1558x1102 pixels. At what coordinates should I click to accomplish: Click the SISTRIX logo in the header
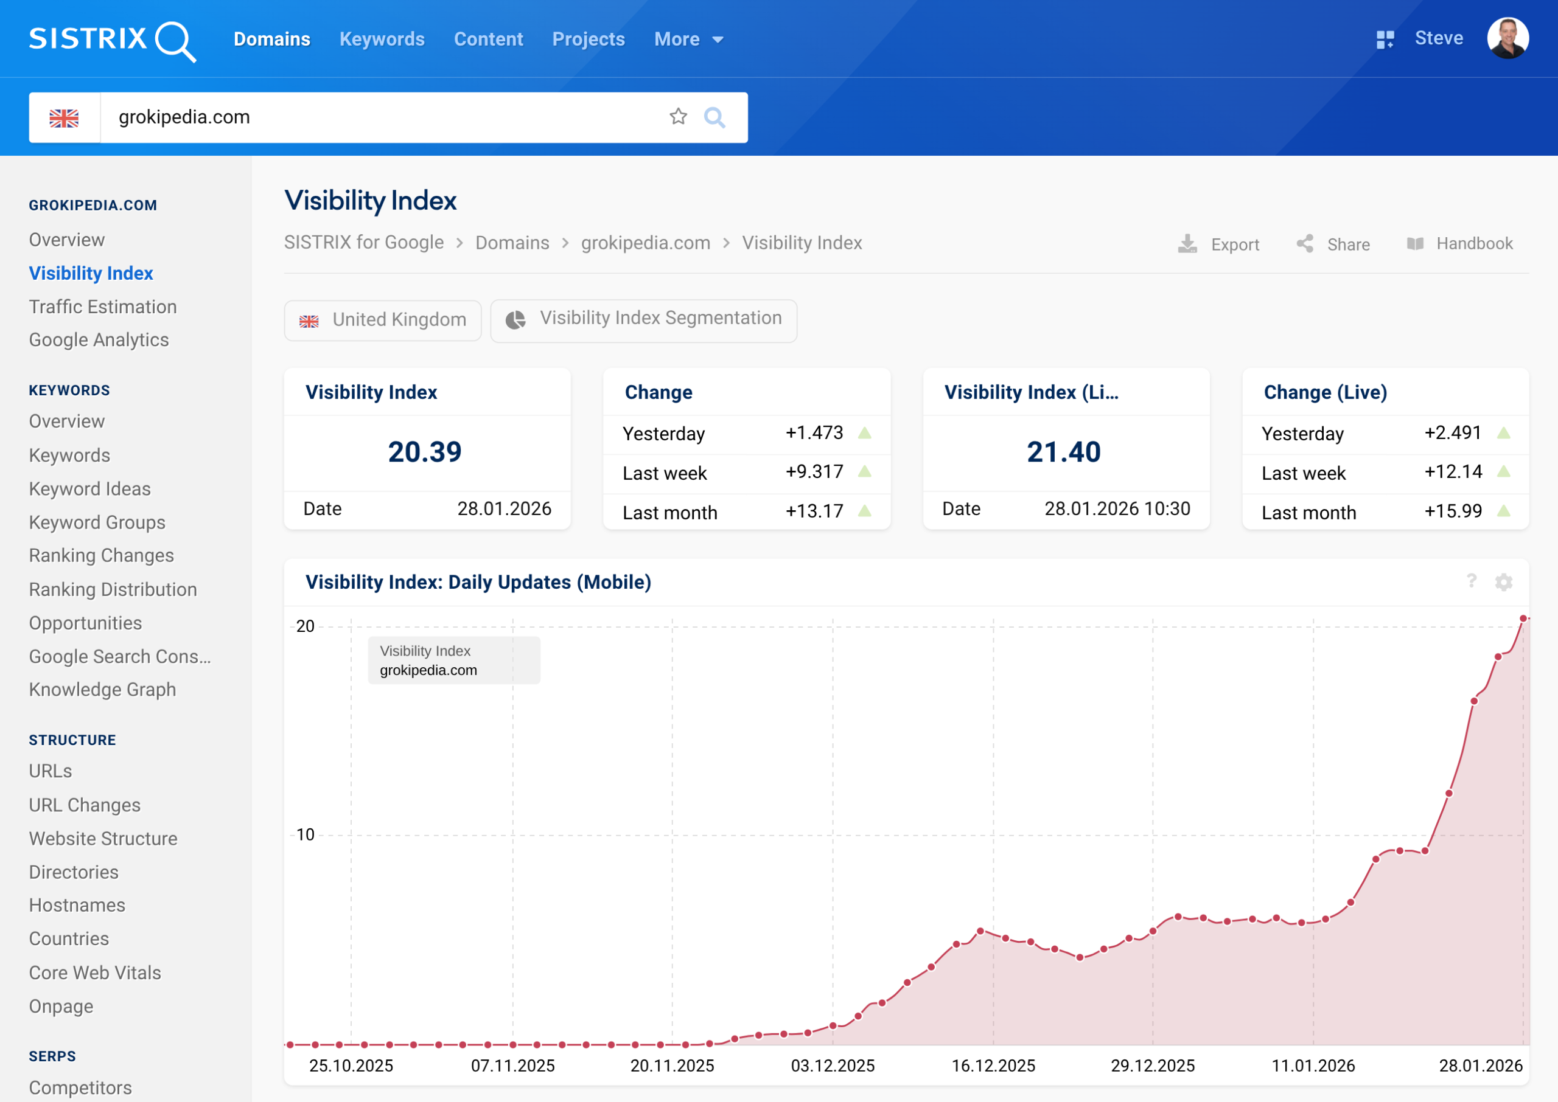point(112,40)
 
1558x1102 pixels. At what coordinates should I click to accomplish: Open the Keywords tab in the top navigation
point(382,40)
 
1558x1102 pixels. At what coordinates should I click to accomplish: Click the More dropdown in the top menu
point(688,40)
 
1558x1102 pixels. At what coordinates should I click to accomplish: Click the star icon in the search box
point(678,117)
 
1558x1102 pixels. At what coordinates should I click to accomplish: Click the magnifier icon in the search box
point(714,117)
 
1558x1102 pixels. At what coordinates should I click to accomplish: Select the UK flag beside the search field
point(64,118)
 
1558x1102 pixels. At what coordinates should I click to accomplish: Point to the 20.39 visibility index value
point(425,452)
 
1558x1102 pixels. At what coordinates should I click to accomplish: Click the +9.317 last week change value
point(814,471)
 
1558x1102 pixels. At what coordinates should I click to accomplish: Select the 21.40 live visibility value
point(1064,452)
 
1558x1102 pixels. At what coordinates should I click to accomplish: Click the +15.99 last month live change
point(1453,511)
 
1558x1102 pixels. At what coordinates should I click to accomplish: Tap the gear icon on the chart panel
point(1504,582)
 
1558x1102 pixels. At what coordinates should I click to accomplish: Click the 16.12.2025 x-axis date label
point(993,1066)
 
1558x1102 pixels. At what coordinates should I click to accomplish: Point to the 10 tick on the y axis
point(306,834)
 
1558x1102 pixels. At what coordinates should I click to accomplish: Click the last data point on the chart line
point(1523,618)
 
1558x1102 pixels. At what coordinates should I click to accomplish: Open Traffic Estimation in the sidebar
point(102,307)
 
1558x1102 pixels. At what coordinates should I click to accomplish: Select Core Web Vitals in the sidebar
point(95,972)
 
